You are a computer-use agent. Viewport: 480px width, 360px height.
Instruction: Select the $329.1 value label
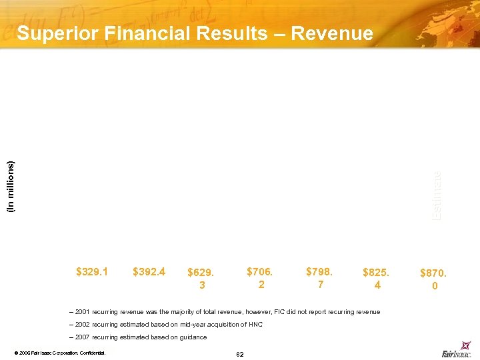(92, 271)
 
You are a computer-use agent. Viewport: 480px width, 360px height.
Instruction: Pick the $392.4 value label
(149, 271)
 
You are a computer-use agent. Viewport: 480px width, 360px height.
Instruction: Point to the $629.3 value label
(201, 278)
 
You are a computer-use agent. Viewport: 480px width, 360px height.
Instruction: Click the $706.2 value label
(261, 278)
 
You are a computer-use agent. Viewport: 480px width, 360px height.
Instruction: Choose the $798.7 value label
(319, 278)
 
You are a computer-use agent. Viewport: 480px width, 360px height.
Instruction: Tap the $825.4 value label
(377, 278)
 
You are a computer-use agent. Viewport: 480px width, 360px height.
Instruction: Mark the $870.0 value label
(434, 279)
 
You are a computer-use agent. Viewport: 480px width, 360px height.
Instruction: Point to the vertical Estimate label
(435, 196)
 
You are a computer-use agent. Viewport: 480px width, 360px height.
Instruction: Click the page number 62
(240, 353)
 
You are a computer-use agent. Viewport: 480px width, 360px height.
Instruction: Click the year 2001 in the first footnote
(83, 312)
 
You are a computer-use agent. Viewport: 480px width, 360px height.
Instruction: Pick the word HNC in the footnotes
(256, 325)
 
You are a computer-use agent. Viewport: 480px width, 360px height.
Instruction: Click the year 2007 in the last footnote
(83, 337)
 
